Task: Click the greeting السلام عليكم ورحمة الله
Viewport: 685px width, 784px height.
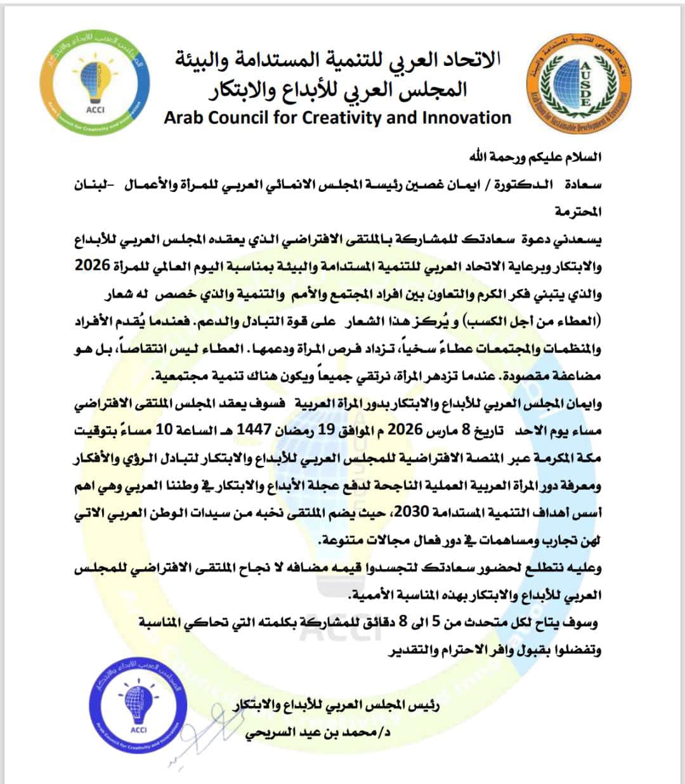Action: (x=536, y=157)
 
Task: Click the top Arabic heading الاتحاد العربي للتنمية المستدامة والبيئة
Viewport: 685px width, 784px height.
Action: (x=338, y=61)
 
